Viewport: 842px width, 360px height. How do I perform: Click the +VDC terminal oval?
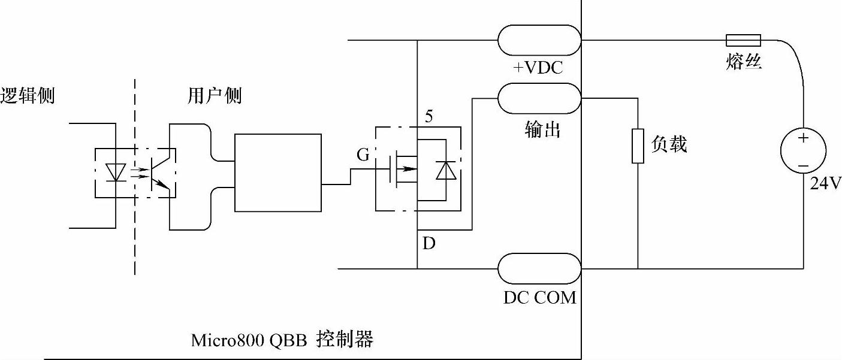tap(539, 40)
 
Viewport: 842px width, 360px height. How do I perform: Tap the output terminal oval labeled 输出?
tap(539, 97)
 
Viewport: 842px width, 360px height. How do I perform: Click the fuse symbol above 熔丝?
tap(743, 40)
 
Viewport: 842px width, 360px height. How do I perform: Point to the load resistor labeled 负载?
tap(638, 146)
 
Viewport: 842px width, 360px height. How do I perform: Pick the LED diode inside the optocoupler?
tap(114, 172)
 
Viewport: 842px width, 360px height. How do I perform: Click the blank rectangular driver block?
tap(278, 173)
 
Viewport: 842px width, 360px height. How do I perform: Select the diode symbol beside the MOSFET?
tap(445, 171)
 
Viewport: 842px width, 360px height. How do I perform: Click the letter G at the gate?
tap(363, 155)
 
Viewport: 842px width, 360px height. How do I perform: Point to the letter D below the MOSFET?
tap(429, 244)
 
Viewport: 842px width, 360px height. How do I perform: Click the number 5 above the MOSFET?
tap(428, 116)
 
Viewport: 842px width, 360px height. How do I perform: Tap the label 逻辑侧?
tap(28, 96)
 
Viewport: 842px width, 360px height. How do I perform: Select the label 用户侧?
tap(215, 96)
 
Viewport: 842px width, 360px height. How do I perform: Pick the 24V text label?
tap(825, 183)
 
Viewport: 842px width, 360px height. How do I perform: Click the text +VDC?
tap(538, 68)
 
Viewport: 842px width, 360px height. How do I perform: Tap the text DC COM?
tap(539, 297)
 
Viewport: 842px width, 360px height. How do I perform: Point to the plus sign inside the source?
tap(803, 138)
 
